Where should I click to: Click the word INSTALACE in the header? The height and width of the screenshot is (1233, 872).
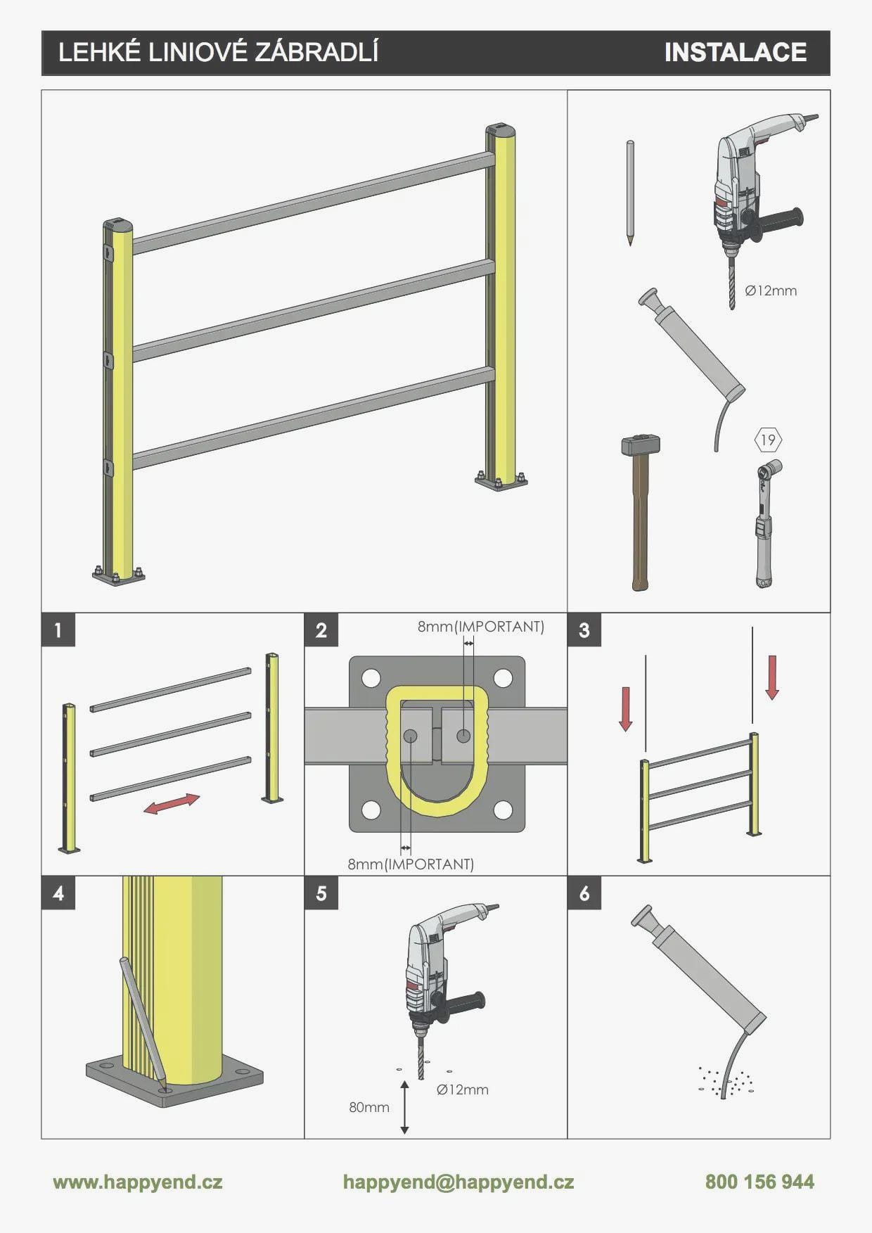click(736, 52)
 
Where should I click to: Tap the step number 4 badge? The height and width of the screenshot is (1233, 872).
click(58, 893)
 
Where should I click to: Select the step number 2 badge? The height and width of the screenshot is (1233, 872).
click(321, 630)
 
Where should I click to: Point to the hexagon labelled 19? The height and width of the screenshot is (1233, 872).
click(768, 440)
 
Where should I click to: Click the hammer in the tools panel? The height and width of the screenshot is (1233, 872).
click(639, 513)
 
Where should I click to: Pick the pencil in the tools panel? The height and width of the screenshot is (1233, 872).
click(630, 192)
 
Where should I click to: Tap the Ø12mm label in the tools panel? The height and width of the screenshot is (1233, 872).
click(771, 290)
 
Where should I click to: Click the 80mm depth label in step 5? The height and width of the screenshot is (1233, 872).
click(369, 1107)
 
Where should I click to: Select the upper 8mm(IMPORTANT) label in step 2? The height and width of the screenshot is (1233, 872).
click(481, 626)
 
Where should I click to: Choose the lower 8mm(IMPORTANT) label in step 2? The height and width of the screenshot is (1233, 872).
click(411, 864)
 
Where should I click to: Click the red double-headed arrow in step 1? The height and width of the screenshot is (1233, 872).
click(172, 804)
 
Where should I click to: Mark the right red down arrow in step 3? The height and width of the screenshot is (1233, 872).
click(772, 677)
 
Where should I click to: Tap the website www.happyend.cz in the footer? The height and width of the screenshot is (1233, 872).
click(138, 1182)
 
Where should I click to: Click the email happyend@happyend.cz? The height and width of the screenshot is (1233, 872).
click(459, 1182)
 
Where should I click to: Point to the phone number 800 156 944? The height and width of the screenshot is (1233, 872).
click(759, 1182)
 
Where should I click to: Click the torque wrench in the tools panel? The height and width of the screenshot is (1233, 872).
click(765, 523)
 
